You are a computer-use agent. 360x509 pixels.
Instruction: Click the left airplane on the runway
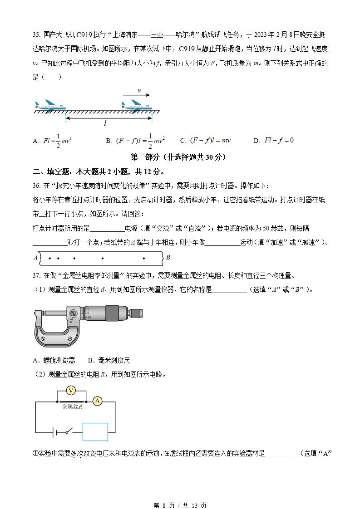pos(50,106)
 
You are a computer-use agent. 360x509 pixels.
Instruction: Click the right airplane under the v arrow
pos(137,105)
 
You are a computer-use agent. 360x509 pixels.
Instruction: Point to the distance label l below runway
pos(105,123)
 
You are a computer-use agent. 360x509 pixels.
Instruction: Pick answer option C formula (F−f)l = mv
pos(206,141)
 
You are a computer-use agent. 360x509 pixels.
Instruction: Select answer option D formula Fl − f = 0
pos(274,141)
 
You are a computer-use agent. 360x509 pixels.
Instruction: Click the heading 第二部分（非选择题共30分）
pos(178,157)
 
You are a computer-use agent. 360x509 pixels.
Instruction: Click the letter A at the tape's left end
pos(36,258)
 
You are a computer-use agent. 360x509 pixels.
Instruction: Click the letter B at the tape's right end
pos(168,258)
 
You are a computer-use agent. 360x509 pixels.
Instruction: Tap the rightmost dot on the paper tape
pos(144,259)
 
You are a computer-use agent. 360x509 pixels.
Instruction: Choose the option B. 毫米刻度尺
pos(109,360)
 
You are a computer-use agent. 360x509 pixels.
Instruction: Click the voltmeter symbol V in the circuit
pos(70,391)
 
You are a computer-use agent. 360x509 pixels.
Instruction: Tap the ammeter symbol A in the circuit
pos(97,401)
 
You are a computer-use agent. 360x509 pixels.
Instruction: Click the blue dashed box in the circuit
pos(95,432)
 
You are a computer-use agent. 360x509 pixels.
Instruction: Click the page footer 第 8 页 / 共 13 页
pos(180,505)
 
